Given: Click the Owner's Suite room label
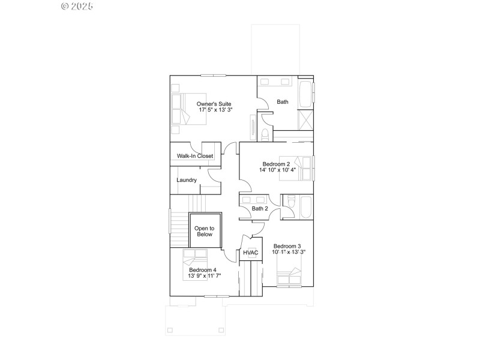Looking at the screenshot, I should coord(214,103).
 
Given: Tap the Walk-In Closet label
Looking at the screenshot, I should coord(195,156).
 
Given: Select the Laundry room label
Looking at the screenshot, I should coord(187,180).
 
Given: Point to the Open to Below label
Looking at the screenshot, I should coord(204,231).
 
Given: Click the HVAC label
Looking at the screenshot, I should coord(251,253).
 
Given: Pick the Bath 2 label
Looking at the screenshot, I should coord(259,209).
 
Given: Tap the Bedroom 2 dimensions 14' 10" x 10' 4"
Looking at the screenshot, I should coord(277,170).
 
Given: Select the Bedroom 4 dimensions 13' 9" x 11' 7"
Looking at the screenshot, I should coord(205,276).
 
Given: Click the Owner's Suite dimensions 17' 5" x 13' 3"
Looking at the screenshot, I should coord(215,110).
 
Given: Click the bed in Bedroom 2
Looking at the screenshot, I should coord(304,169).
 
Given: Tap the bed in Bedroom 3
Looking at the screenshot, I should coord(289,277).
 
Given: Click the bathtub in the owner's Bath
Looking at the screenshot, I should coord(305,93).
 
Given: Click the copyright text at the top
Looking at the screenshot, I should coord(79,6).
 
